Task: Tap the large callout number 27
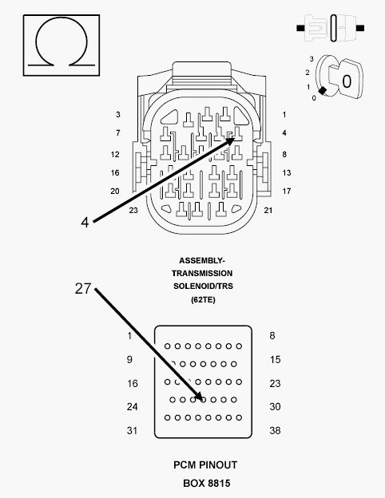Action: [83, 289]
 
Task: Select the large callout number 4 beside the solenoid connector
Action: [85, 223]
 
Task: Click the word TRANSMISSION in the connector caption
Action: [202, 274]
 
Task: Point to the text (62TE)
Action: [203, 299]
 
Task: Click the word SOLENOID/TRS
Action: [203, 287]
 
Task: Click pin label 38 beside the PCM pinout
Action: [275, 431]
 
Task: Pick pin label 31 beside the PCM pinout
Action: [133, 431]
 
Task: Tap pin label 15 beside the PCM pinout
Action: [275, 359]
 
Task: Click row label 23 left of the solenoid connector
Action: [133, 210]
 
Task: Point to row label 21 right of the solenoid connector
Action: [268, 210]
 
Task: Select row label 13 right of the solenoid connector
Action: [287, 172]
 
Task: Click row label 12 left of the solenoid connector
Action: [115, 154]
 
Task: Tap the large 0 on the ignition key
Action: [347, 81]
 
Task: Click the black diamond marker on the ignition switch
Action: [323, 90]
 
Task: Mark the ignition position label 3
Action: [312, 59]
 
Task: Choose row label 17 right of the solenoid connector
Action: [287, 192]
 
